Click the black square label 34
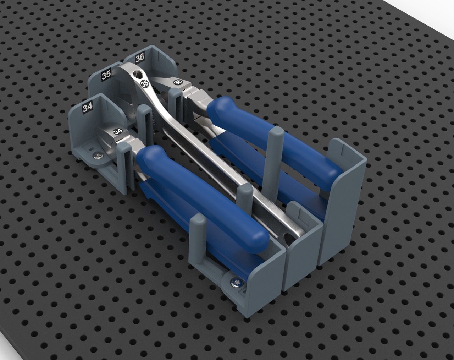click(x=87, y=108)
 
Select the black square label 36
click(x=140, y=57)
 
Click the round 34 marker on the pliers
click(x=118, y=132)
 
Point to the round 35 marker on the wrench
click(x=145, y=84)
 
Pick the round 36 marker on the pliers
click(x=178, y=82)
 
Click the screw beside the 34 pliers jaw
click(x=98, y=156)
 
